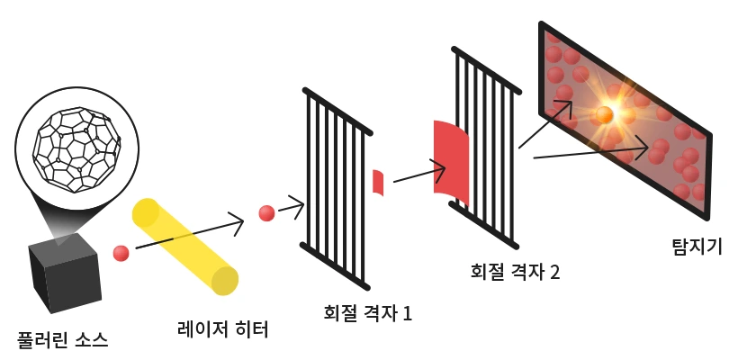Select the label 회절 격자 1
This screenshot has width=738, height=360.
(367, 313)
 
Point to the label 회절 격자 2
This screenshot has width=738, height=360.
(516, 270)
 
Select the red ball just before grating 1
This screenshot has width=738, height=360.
(266, 213)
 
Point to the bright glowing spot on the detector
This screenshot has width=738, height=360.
(605, 114)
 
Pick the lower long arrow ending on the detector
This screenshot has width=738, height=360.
(589, 150)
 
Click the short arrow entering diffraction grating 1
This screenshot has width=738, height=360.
(290, 208)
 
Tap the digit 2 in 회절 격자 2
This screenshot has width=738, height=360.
(555, 270)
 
